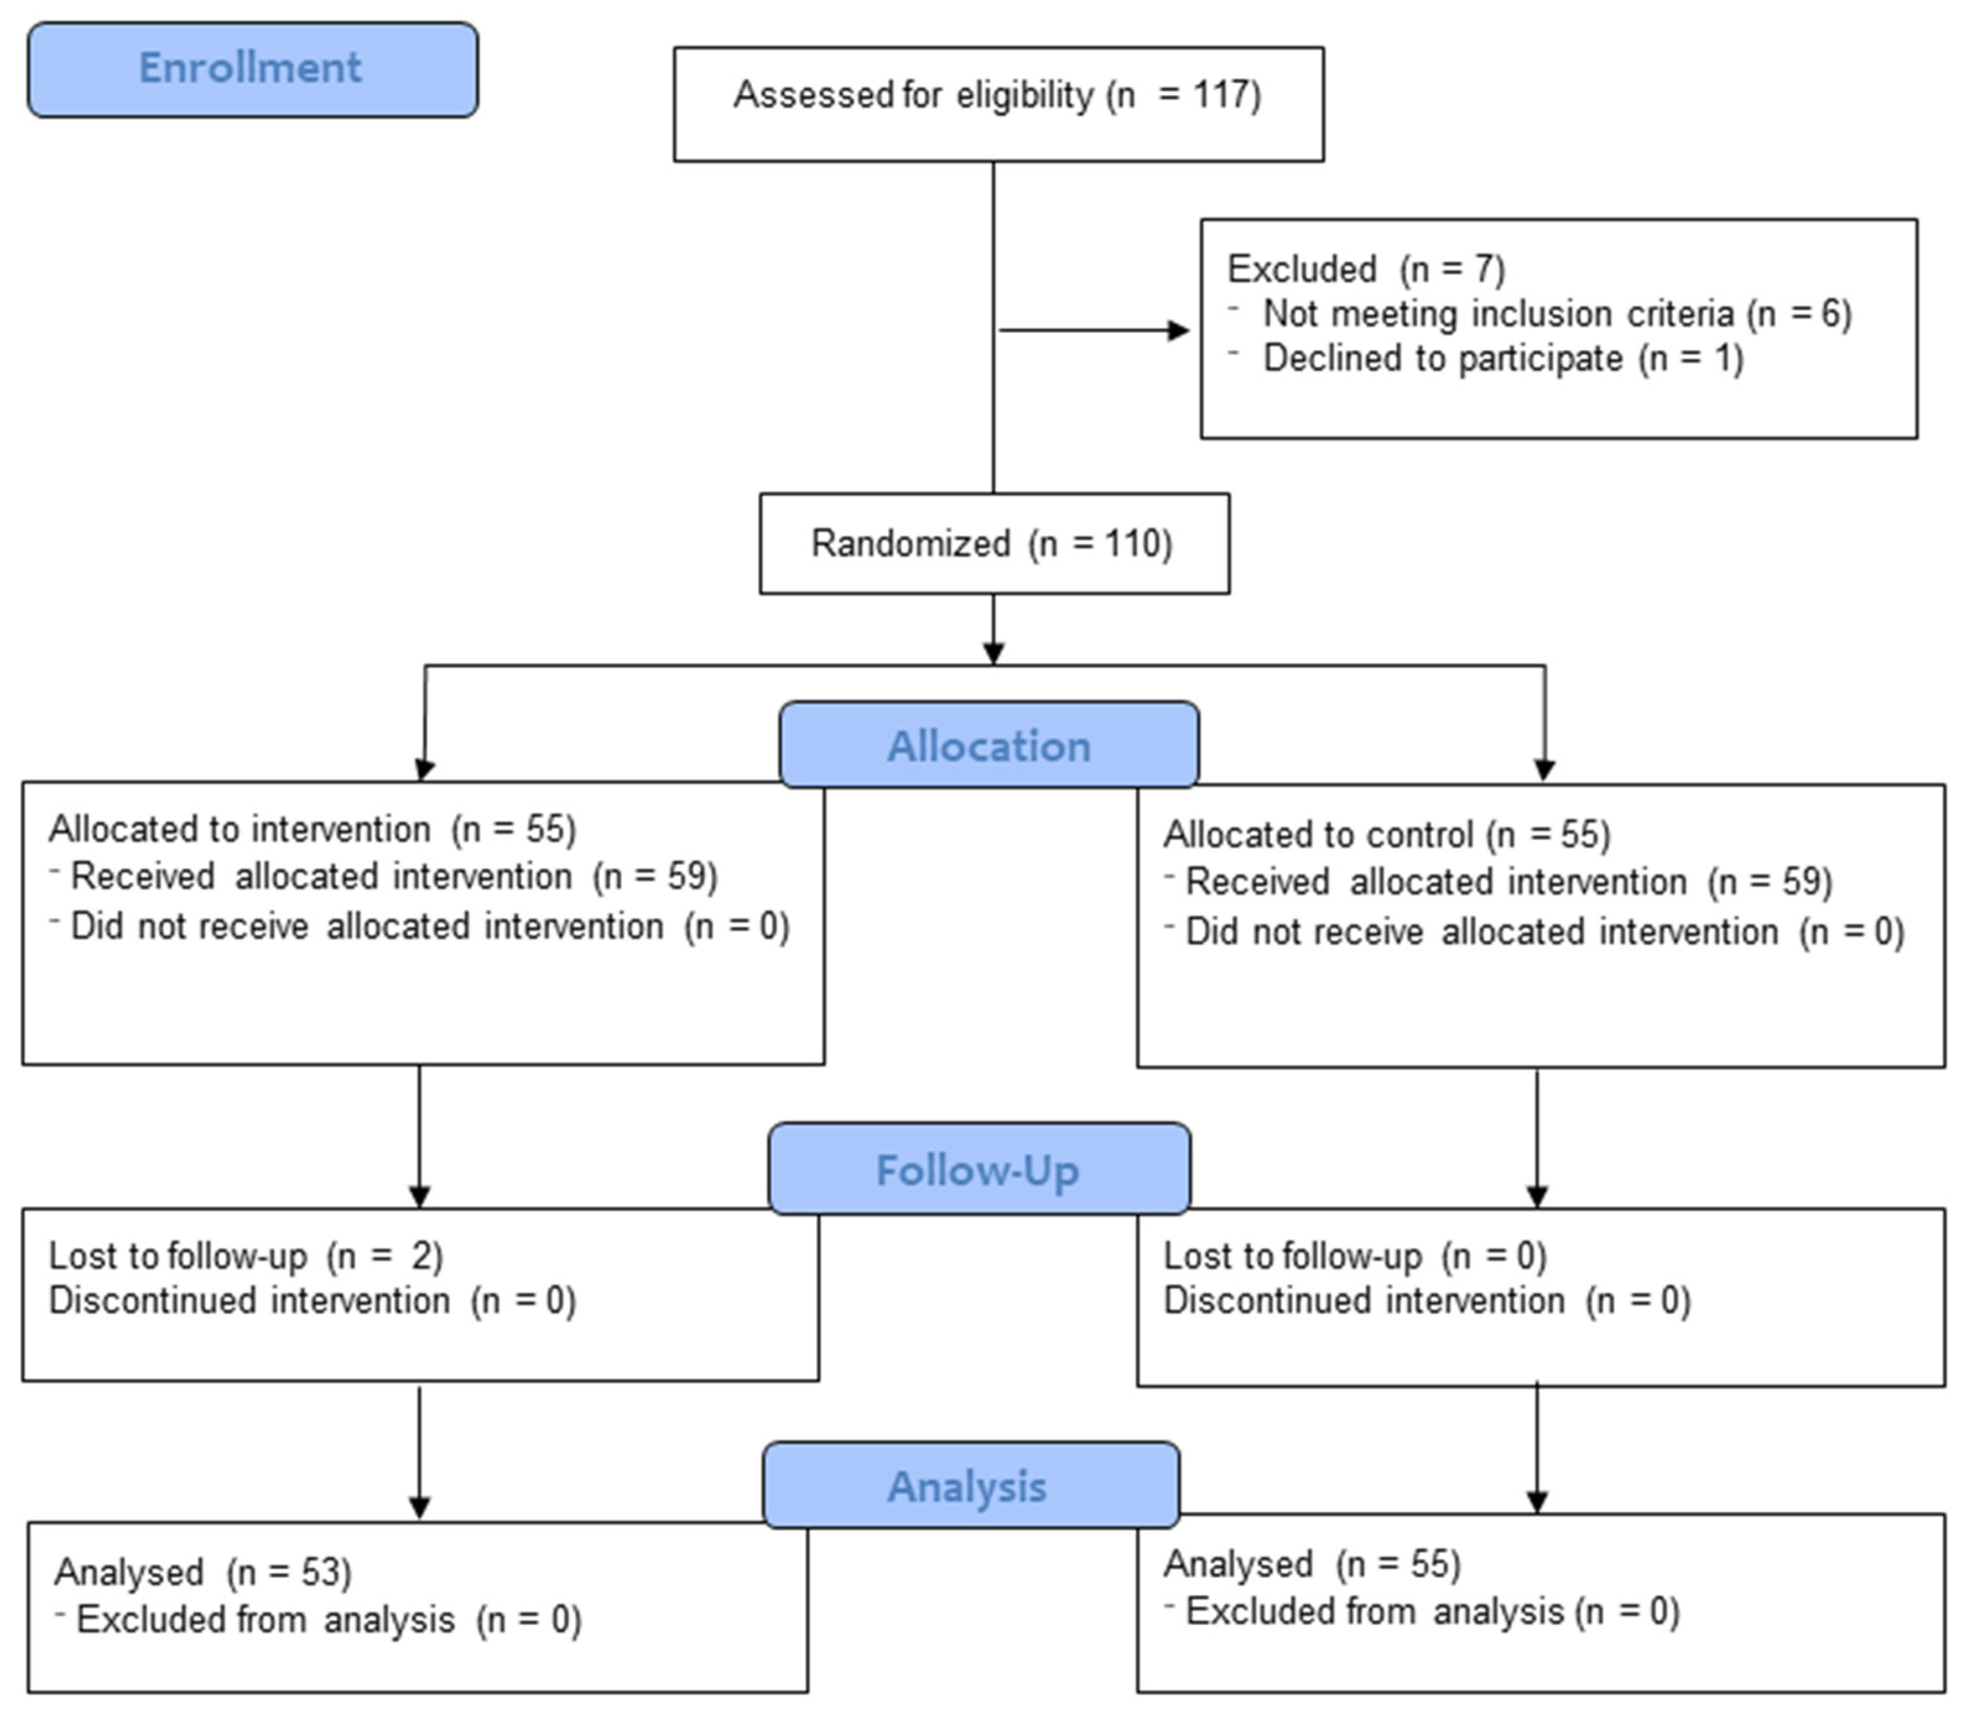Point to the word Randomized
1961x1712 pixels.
click(x=910, y=544)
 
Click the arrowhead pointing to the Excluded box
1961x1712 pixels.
click(x=1179, y=330)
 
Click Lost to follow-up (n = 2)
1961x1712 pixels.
click(x=246, y=1256)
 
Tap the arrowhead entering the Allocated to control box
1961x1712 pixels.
click(x=1544, y=770)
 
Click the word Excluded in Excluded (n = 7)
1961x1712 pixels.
click(x=1302, y=269)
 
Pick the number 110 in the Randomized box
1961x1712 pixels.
click(x=1126, y=544)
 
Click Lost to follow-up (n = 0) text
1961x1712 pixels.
click(x=1354, y=1256)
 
